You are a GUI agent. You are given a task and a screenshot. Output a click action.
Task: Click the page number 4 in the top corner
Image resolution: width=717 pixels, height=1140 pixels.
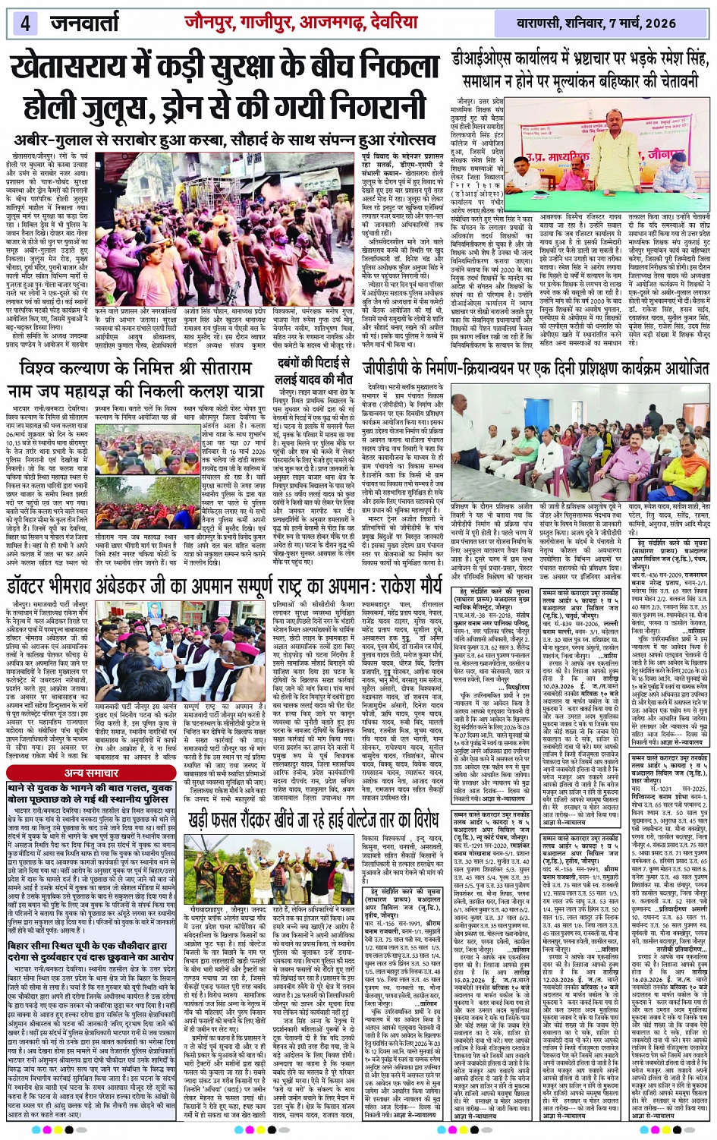tap(25, 22)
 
